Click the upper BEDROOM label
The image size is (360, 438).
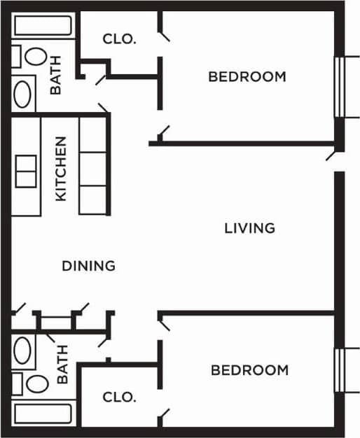coord(247,77)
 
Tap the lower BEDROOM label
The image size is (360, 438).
coord(249,370)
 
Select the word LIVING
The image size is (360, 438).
coord(249,228)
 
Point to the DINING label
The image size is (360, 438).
coord(88,266)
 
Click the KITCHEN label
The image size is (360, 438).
coord(61,168)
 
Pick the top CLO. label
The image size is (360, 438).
coord(119,39)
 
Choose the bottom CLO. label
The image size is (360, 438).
coord(119,397)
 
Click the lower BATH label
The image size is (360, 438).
coord(62,365)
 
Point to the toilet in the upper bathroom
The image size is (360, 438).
coord(29,57)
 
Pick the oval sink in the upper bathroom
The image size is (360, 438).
coord(24,94)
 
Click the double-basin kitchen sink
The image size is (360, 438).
coord(27,171)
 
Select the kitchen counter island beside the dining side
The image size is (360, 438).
coord(92,165)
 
